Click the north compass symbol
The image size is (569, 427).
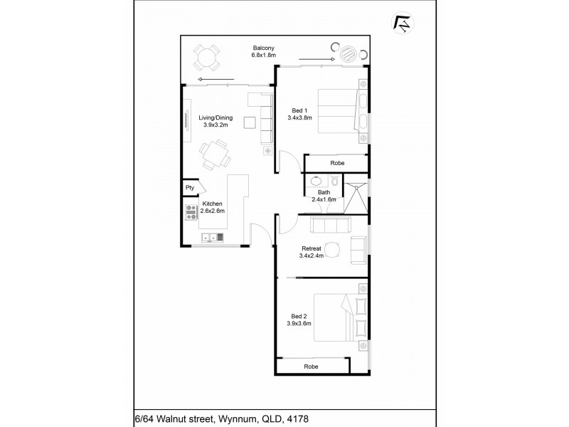403,23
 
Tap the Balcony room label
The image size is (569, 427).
263,48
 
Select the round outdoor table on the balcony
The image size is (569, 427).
206,58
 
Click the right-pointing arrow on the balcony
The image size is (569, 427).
317,59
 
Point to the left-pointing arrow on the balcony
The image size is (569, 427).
216,80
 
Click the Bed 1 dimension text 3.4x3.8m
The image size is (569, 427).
299,117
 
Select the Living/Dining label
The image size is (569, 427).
216,117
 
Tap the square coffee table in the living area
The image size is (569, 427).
250,122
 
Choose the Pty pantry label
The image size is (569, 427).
190,188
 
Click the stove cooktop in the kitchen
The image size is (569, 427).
191,212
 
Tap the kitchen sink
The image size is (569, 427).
213,238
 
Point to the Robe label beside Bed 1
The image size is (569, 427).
337,163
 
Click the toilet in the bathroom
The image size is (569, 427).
335,180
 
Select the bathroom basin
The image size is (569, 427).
315,180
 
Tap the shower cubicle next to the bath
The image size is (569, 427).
356,198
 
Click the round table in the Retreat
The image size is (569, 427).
332,251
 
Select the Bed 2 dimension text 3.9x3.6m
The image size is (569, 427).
299,324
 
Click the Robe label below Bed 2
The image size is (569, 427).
311,367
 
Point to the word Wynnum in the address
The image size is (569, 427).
237,419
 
